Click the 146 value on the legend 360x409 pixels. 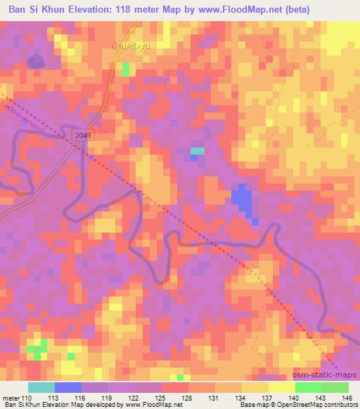tap(348, 398)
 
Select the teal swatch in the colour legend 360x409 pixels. tap(41, 387)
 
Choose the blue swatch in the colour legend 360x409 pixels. tap(68, 387)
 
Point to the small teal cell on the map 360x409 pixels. tap(198, 150)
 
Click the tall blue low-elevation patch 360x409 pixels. tap(242, 200)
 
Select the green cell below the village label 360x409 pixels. tap(127, 68)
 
